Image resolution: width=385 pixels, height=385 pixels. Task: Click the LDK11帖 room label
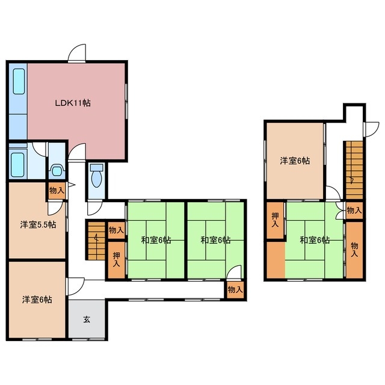[x=73, y=103]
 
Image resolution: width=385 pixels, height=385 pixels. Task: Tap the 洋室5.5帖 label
[x=38, y=224]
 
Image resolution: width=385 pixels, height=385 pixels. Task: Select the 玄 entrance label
[x=87, y=319]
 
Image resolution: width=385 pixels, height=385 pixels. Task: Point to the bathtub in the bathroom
[x=17, y=165]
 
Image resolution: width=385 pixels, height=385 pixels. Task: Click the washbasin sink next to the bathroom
[x=57, y=170]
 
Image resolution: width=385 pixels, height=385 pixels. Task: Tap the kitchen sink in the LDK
[x=19, y=81]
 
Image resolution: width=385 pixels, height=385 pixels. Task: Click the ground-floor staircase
[x=96, y=241]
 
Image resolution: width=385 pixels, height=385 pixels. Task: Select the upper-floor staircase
[x=354, y=170]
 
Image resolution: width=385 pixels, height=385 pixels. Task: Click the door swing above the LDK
[x=77, y=52]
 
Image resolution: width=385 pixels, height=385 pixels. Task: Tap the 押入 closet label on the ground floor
[x=116, y=259]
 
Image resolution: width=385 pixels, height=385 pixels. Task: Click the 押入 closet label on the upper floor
[x=275, y=220]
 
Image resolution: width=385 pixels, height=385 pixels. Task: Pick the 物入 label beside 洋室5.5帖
[x=57, y=190]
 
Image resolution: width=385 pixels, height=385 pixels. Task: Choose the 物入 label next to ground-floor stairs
[x=116, y=230]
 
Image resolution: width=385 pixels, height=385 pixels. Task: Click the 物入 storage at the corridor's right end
[x=235, y=290]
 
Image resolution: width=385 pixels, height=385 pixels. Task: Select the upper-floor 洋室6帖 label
[x=295, y=161]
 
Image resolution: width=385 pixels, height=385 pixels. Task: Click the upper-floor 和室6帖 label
[x=315, y=240]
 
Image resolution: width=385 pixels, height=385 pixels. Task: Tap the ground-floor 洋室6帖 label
[x=37, y=300]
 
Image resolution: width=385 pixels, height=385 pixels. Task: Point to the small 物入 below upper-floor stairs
[x=354, y=210]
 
